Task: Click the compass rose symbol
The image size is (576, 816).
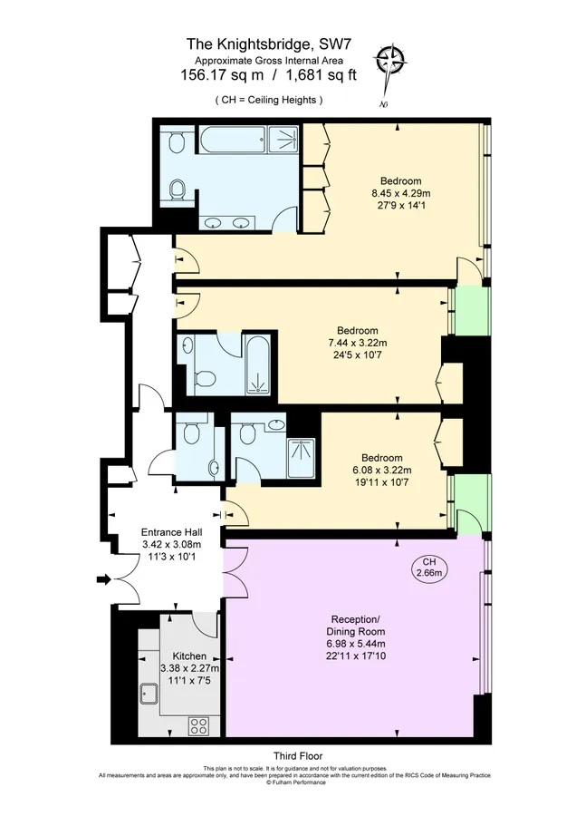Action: [x=391, y=61]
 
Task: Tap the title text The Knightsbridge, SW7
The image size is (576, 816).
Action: [x=268, y=44]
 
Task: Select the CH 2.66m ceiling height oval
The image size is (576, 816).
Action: [x=429, y=568]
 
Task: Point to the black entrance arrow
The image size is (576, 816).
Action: [x=104, y=579]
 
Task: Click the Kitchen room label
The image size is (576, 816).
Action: [x=190, y=656]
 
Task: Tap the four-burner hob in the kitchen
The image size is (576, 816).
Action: [x=199, y=725]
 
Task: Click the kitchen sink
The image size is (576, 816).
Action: [x=149, y=694]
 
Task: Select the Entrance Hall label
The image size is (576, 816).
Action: [x=171, y=532]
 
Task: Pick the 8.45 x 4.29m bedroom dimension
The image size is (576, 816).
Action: [x=401, y=193]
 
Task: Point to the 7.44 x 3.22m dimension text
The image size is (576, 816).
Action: [x=357, y=343]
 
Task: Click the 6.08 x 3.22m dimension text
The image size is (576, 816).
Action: [x=382, y=470]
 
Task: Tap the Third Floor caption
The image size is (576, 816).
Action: [x=298, y=755]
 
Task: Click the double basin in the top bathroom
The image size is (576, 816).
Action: [x=226, y=223]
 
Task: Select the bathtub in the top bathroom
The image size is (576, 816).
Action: [x=232, y=140]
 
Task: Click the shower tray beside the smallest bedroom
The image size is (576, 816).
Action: [x=301, y=458]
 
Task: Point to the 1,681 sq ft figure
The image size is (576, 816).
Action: [x=322, y=75]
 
